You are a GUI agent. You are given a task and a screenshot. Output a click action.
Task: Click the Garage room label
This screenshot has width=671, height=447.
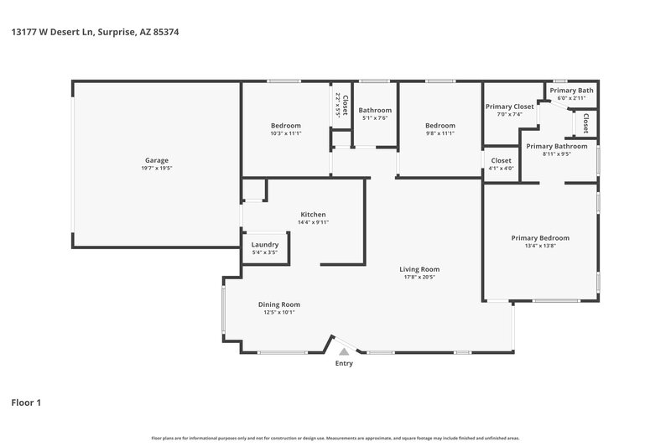tap(157, 160)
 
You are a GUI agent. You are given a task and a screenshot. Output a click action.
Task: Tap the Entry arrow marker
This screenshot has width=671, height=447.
tap(343, 353)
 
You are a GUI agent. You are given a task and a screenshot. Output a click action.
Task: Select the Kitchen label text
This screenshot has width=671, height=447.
tap(313, 215)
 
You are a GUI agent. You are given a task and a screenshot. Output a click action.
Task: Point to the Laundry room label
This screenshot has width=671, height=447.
tap(265, 244)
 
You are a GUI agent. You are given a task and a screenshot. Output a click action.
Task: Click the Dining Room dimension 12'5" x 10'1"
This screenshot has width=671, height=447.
tap(278, 312)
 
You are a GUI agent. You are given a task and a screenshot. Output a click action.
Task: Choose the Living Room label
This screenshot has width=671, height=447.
tap(419, 269)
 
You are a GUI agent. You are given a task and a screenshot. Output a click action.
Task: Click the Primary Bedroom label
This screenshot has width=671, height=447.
tap(540, 237)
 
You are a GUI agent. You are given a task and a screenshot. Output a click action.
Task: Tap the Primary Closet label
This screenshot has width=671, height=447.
tap(509, 107)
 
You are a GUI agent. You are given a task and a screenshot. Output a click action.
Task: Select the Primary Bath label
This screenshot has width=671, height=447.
tap(571, 90)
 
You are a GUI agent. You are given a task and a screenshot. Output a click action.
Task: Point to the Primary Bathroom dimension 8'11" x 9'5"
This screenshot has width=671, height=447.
tap(556, 153)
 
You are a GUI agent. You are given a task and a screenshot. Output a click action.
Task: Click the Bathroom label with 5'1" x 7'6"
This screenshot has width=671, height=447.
tap(375, 110)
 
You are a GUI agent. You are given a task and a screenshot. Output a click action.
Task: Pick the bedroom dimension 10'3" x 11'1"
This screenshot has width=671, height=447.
tap(285, 133)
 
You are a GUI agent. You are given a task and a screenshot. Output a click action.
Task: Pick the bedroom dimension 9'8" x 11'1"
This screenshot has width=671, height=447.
tap(440, 133)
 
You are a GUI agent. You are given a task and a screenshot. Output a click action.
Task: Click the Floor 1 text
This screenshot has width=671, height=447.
tap(26, 403)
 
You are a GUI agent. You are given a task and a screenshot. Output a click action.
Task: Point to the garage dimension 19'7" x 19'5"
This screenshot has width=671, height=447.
tap(157, 168)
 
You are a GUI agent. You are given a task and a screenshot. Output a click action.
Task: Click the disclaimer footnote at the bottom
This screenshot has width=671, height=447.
tap(335, 438)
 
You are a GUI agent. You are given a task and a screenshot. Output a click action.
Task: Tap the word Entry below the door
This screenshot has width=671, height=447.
tap(344, 363)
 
